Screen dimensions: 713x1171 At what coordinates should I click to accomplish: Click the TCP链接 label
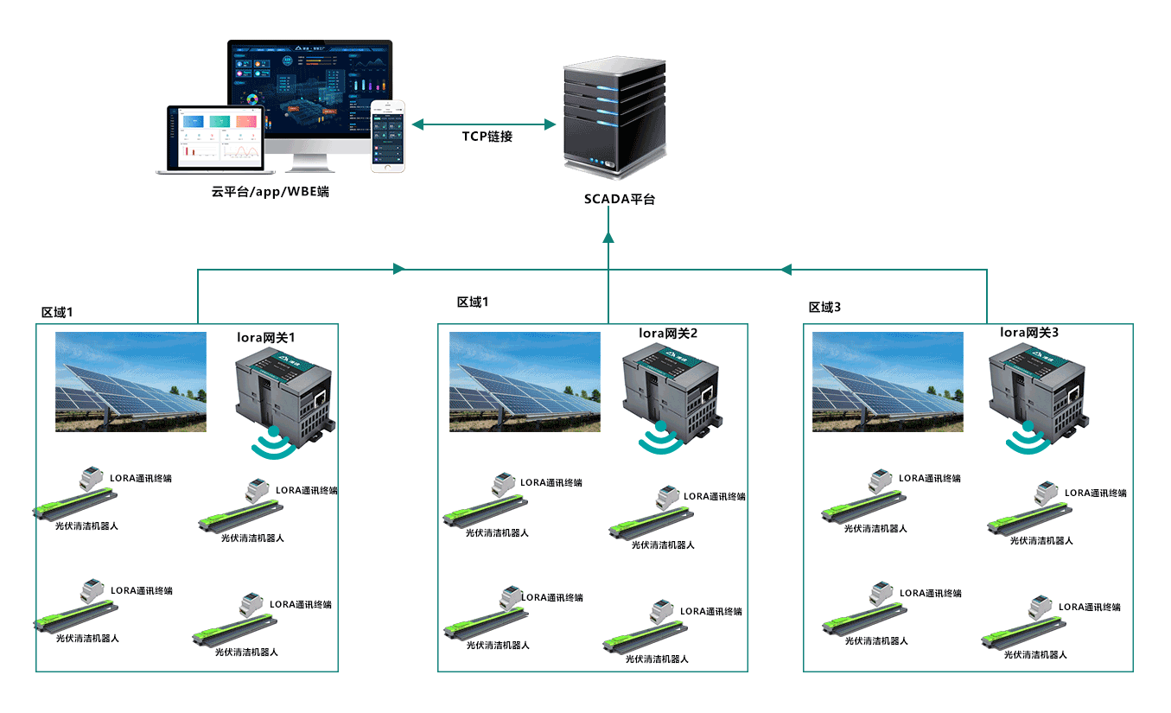[x=487, y=137]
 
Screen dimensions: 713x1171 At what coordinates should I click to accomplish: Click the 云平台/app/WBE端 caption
[x=270, y=191]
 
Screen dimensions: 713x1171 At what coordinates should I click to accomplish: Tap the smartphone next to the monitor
[x=388, y=136]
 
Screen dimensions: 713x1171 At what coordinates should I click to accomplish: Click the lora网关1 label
[x=272, y=335]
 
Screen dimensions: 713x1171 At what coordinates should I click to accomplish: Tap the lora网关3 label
[x=1028, y=332]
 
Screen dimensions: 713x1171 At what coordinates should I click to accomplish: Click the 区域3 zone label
[x=824, y=308]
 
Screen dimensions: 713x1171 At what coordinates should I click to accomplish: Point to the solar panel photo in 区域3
[x=888, y=382]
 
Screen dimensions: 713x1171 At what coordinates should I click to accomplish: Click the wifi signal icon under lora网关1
[x=273, y=442]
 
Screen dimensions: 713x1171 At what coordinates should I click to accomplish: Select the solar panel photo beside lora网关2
[x=525, y=382]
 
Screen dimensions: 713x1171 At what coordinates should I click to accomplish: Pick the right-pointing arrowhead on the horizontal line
[x=398, y=269]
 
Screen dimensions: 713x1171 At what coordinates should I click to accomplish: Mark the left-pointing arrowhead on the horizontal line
[x=786, y=269]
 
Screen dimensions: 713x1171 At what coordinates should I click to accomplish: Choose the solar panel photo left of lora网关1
[x=130, y=382]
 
